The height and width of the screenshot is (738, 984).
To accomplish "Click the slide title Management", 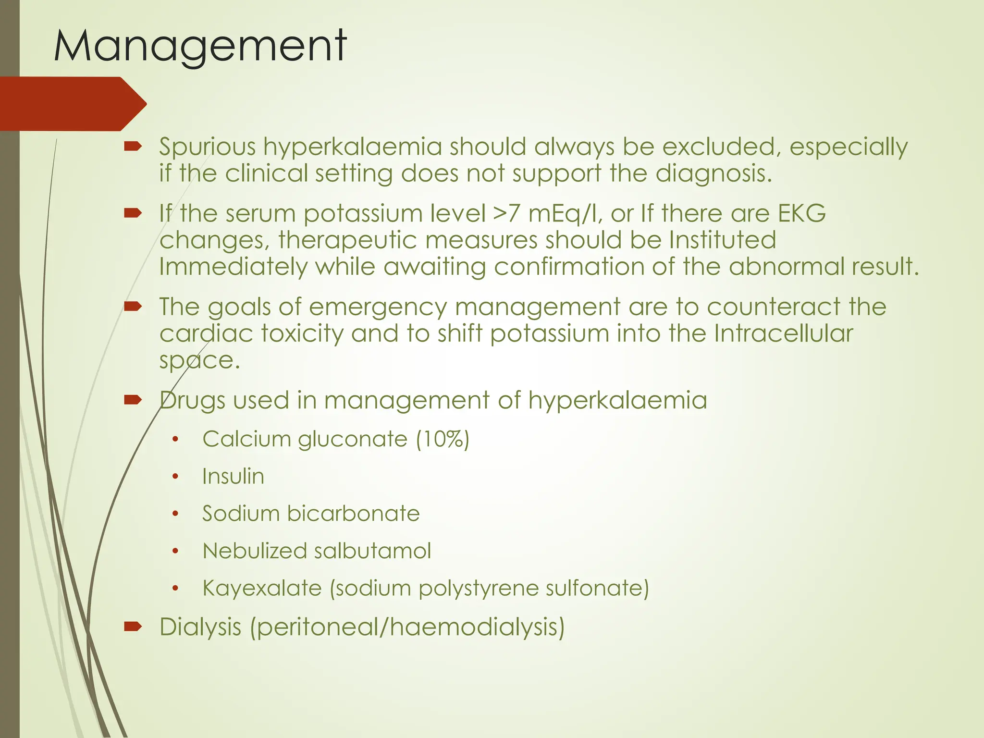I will click(x=200, y=47).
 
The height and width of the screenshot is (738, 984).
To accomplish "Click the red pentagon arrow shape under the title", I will click(x=72, y=104).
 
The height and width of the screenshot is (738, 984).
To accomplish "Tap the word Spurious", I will click(x=207, y=147).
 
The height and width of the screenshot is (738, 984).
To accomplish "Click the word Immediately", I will click(x=233, y=267).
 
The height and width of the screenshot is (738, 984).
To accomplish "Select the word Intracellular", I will click(x=783, y=333).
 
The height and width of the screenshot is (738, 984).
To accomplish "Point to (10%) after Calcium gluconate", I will click(x=443, y=439).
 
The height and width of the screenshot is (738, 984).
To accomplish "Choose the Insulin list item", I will click(x=233, y=477).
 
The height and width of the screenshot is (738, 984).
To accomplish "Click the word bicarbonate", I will click(x=353, y=514).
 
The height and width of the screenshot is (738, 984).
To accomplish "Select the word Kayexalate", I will click(x=262, y=589).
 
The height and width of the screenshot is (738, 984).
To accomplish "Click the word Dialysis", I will click(x=200, y=627).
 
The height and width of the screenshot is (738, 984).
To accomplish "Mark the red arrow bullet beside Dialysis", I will click(x=132, y=626).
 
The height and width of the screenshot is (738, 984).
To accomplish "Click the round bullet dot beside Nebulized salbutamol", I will click(x=175, y=551).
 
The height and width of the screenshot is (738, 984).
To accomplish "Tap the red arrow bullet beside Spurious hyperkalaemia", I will click(x=132, y=147).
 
